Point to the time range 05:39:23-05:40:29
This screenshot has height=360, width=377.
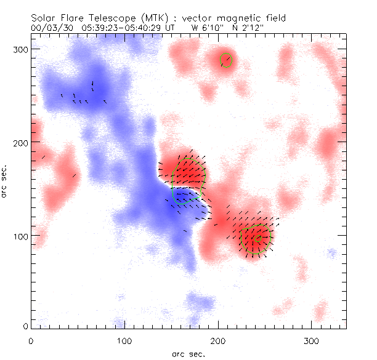(124, 28)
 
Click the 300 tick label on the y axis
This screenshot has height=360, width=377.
(21, 49)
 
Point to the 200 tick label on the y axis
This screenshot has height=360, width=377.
(21, 142)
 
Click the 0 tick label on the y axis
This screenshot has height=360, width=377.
(25, 325)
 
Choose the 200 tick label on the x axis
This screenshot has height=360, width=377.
(218, 340)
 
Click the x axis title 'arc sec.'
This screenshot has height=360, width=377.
(189, 353)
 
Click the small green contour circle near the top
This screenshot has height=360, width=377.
(226, 60)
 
